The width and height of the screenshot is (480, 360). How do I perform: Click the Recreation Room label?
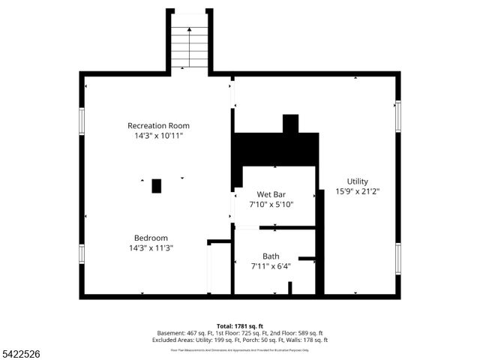[x=158, y=125]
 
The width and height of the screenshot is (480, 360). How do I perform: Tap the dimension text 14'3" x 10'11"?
[x=158, y=136]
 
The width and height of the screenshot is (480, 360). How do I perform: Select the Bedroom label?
[x=151, y=238]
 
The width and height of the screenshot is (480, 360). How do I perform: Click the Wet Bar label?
[x=271, y=194]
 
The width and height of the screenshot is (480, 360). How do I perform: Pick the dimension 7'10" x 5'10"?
[x=271, y=204]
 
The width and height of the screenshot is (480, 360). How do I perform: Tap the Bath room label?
[x=271, y=256]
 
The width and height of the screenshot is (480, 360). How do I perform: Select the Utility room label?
[x=357, y=181]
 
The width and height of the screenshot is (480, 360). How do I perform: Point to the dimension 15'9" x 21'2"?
[x=357, y=191]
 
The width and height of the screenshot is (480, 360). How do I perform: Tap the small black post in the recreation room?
[x=157, y=186]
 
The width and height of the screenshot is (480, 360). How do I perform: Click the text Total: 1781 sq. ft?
[x=240, y=325]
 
